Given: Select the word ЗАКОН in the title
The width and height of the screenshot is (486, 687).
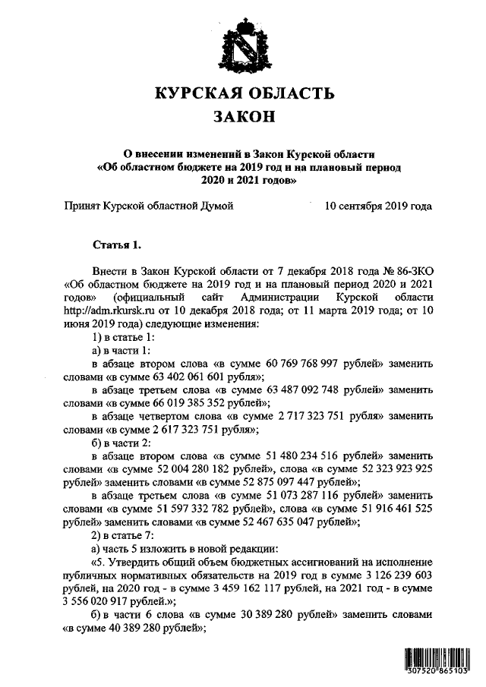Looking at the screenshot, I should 244,118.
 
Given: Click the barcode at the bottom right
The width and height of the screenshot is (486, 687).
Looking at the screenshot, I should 435,663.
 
